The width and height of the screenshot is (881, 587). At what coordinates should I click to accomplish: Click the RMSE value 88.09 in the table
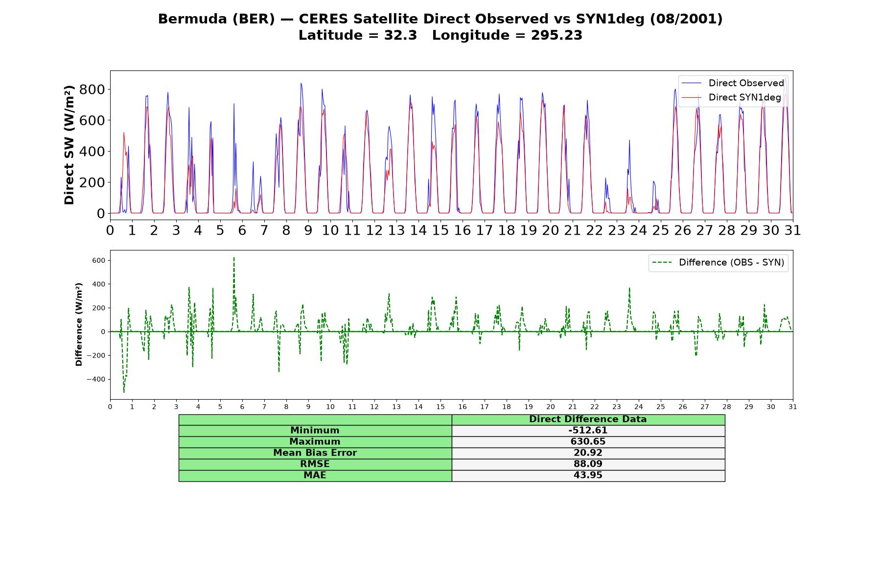click(x=588, y=464)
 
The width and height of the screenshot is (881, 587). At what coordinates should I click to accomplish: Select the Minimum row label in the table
click(x=315, y=430)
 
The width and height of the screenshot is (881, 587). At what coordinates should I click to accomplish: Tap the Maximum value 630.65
click(x=588, y=442)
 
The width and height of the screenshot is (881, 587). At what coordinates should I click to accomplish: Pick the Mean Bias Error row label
click(x=315, y=453)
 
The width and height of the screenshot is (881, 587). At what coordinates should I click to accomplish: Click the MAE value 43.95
click(x=588, y=475)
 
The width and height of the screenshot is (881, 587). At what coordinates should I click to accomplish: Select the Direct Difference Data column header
click(x=588, y=419)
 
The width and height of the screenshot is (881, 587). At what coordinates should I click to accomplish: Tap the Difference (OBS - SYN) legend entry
click(x=719, y=263)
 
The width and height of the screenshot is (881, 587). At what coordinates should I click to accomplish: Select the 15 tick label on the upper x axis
click(x=440, y=230)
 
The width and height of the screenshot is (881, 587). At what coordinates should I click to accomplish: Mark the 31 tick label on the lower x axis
click(x=793, y=406)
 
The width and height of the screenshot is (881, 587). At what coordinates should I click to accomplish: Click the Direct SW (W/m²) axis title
click(x=69, y=145)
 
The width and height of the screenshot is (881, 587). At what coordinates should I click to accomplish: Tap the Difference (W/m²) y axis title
click(x=79, y=324)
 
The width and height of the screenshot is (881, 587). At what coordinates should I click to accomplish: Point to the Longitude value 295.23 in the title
click(x=556, y=35)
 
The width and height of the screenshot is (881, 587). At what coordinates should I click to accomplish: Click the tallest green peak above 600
click(x=234, y=257)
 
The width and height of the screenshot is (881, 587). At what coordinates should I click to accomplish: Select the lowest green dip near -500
click(x=124, y=392)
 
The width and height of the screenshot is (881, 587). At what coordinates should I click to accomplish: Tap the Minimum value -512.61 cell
click(x=588, y=430)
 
